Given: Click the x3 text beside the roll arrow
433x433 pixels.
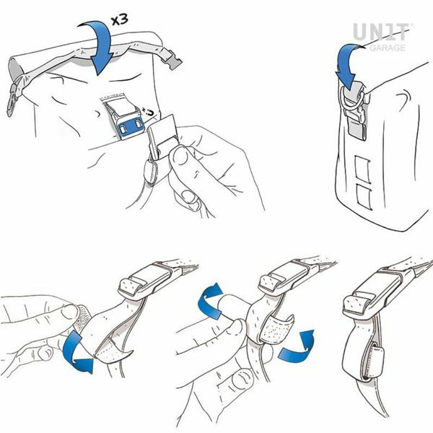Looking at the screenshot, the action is tap(121, 19).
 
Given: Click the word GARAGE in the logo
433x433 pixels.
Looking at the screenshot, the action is tap(388, 48).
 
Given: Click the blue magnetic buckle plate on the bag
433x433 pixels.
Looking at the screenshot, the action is tap(131, 128).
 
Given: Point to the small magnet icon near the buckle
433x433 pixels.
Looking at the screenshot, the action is tap(149, 113).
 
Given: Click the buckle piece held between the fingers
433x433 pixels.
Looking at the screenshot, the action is tap(161, 136).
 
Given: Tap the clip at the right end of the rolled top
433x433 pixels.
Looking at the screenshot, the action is tap(173, 59).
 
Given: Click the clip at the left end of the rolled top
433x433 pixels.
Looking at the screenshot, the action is tap(12, 100).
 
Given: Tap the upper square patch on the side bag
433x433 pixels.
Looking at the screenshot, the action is tap(362, 170).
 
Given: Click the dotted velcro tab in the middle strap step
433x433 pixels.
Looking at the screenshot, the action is tap(276, 329).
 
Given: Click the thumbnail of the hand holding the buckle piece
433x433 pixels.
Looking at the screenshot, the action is tap(180, 157).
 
